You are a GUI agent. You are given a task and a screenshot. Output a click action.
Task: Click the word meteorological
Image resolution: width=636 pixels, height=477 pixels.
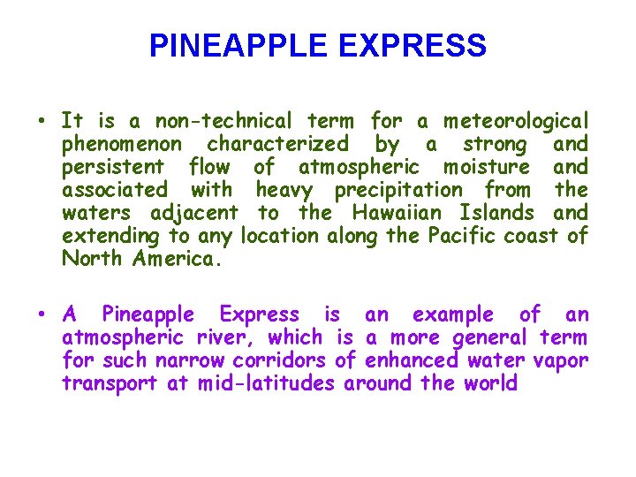[516, 121]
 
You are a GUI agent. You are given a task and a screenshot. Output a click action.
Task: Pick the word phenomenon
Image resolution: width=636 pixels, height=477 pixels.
[122, 144]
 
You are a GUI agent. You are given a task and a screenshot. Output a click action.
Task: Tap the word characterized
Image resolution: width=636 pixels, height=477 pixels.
[277, 144]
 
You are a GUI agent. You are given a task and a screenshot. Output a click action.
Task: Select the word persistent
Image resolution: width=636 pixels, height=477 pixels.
[113, 167]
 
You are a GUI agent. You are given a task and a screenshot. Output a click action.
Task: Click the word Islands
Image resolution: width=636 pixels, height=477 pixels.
[496, 213]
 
